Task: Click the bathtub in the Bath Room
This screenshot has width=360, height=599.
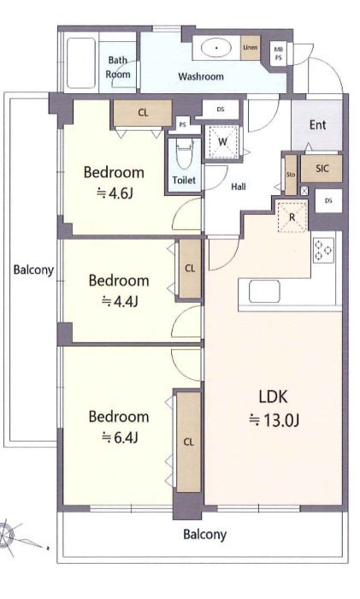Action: [x=81, y=63]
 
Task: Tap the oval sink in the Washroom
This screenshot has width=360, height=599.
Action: [x=216, y=48]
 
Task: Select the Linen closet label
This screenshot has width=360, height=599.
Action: [x=251, y=48]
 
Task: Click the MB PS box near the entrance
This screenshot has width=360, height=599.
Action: [x=278, y=53]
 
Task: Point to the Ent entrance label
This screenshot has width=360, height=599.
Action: [x=317, y=125]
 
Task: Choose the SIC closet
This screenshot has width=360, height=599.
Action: [x=322, y=169]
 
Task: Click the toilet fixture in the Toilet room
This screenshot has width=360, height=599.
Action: [x=185, y=153]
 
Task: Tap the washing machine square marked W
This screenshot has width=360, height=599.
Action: [x=223, y=142]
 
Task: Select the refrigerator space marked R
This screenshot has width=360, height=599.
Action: [x=292, y=217]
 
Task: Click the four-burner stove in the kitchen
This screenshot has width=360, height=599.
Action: [x=324, y=250]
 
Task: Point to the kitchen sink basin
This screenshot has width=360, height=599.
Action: [x=264, y=292]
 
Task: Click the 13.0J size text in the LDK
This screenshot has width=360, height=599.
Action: [x=274, y=420]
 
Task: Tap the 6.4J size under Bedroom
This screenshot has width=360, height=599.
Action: [x=119, y=437]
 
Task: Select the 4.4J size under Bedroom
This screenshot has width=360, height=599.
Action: [x=120, y=302]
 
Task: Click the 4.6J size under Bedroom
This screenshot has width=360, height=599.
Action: [x=115, y=193]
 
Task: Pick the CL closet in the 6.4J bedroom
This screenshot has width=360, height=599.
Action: [x=189, y=442]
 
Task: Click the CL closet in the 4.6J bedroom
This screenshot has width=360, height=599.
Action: [x=143, y=113]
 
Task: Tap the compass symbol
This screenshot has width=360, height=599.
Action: [x=8, y=534]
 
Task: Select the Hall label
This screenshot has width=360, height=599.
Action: [x=239, y=187]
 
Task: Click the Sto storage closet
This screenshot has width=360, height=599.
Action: [x=291, y=175]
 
